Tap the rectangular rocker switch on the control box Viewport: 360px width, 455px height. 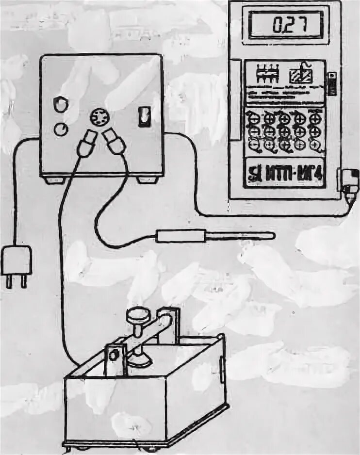point(144,117)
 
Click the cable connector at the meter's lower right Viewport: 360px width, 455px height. point(349,182)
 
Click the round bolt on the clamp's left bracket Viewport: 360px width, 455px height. point(114,356)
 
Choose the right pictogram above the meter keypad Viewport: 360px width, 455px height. point(301,76)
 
